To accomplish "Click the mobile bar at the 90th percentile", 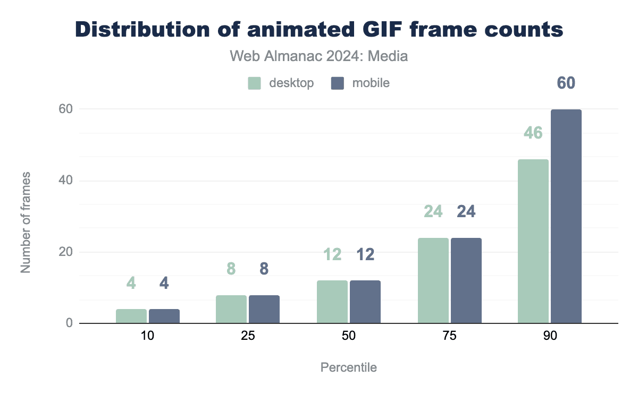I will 566,216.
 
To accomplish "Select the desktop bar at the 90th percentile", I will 533,241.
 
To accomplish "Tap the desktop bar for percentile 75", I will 433,280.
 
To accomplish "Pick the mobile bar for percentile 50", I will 365,302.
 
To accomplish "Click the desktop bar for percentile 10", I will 131,316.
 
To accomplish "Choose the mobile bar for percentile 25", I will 264,309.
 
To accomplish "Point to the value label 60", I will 566,83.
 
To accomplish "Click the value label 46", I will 533,133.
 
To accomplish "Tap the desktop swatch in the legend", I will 254,83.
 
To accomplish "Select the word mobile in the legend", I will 371,83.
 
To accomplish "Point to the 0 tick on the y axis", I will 69,323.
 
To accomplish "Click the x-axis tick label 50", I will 349,337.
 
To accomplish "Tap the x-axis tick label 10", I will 147,337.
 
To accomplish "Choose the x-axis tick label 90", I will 550,337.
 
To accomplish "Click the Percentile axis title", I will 349,367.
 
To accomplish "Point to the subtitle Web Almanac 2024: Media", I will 319,56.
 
